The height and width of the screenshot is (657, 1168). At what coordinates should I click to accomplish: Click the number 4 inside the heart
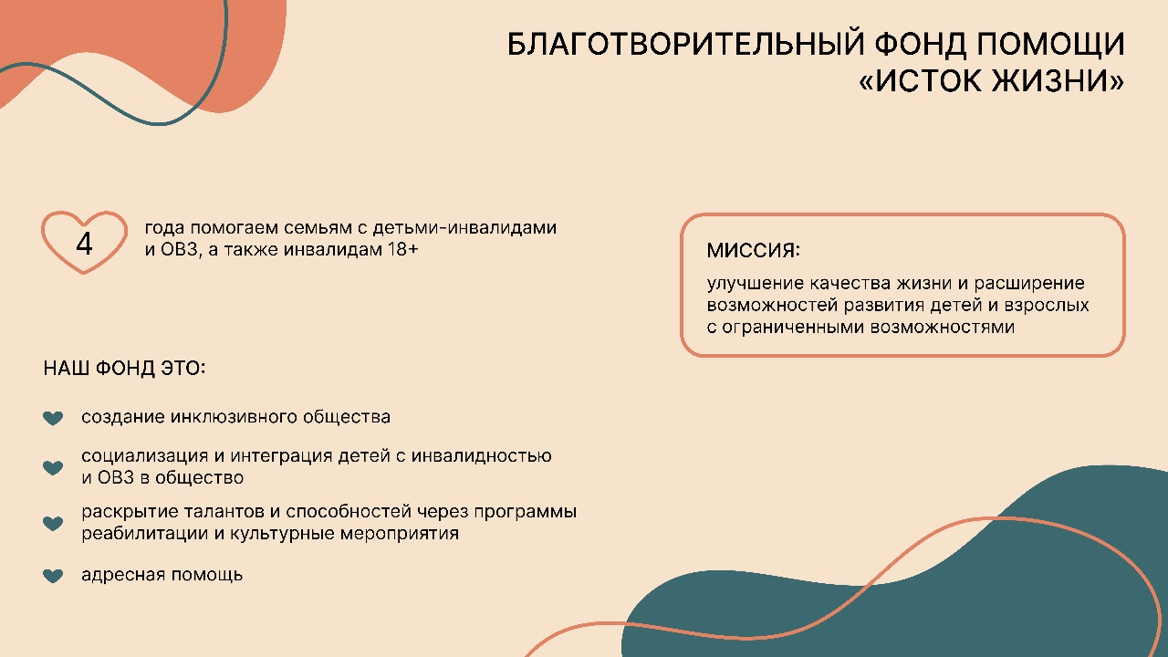click(85, 244)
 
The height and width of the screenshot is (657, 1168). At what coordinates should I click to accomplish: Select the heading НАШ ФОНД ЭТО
click(124, 368)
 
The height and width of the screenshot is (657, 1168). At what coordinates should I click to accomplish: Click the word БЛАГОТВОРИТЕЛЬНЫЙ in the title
click(686, 44)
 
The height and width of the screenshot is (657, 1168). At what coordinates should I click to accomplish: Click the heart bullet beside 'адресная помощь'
click(53, 576)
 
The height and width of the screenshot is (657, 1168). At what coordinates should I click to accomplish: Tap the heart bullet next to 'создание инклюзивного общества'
click(53, 418)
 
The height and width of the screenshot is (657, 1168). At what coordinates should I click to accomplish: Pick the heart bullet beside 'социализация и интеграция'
click(53, 467)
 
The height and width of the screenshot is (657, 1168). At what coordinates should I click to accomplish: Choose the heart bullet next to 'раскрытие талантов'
click(53, 523)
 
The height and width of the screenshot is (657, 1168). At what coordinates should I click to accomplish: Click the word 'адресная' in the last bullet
click(123, 575)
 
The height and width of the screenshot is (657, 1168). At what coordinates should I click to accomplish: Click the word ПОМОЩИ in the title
click(1050, 44)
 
